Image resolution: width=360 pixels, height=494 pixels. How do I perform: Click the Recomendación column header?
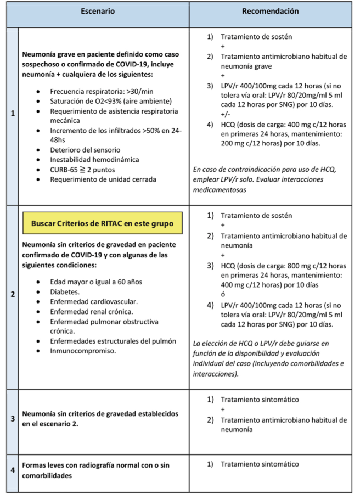pyautogui.click(x=271, y=11)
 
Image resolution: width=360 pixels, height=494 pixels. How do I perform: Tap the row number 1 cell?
pyautogui.click(x=12, y=114)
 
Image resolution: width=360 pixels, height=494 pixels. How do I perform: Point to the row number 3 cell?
pyautogui.click(x=12, y=419)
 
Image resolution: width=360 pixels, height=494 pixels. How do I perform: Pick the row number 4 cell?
pyautogui.click(x=12, y=470)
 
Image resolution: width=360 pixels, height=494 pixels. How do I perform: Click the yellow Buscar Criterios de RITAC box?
pyautogui.click(x=103, y=224)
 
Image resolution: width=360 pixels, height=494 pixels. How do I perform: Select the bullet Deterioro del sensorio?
pyautogui.click(x=85, y=150)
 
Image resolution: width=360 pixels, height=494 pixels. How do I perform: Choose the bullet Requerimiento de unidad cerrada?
pyautogui.click(x=103, y=179)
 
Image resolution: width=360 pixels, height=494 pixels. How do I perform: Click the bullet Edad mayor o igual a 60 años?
pyautogui.click(x=95, y=282)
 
